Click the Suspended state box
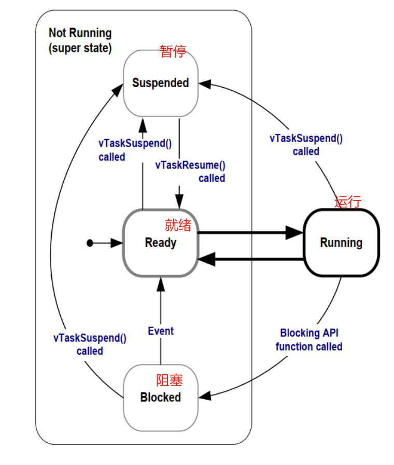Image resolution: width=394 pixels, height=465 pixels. (160, 83)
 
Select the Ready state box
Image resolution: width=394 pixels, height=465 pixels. (160, 243)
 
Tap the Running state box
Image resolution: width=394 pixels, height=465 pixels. (341, 243)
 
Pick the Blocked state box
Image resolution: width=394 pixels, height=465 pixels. (160, 397)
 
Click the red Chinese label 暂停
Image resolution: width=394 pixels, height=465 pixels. (173, 52)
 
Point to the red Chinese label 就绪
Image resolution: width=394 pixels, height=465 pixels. (178, 225)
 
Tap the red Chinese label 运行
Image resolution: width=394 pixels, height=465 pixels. (347, 202)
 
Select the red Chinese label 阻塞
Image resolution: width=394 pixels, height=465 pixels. (170, 380)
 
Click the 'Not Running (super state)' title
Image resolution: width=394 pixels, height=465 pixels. (80, 40)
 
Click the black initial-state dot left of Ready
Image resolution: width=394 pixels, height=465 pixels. (90, 243)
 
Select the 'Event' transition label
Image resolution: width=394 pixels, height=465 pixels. (161, 331)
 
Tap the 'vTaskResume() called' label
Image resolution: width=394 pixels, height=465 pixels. (190, 172)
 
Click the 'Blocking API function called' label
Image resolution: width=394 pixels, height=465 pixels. (309, 340)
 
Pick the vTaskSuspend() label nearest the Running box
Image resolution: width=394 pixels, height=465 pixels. (306, 145)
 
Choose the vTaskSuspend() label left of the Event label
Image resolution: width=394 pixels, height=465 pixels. (90, 344)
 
